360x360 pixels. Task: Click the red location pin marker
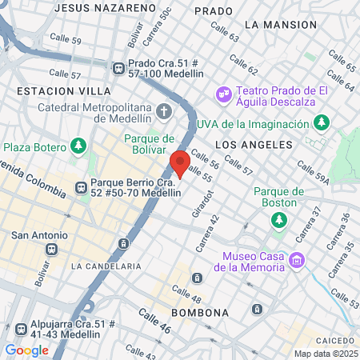[x=180, y=163]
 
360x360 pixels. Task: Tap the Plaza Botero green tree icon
[x=78, y=146]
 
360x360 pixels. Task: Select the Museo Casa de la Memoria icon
[x=297, y=260]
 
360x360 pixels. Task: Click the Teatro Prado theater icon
[x=223, y=94]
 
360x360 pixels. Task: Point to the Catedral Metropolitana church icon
[x=165, y=110]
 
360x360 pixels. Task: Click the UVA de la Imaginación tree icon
[x=321, y=122]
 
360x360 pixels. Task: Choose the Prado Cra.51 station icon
[x=119, y=69]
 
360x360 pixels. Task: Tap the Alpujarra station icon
[x=21, y=328]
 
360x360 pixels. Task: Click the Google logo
[x=26, y=350]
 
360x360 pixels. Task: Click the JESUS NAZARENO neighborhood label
[x=105, y=7]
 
